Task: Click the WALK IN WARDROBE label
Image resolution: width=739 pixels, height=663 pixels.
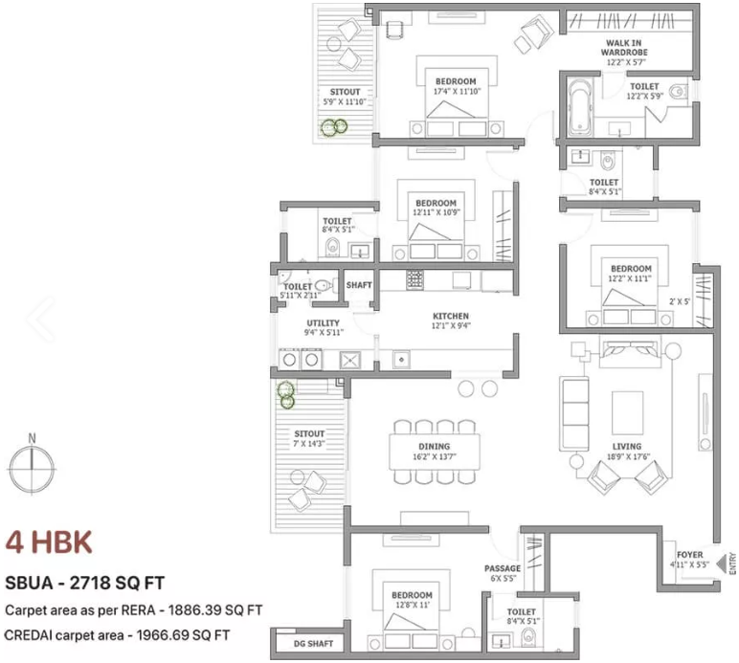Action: coord(624,48)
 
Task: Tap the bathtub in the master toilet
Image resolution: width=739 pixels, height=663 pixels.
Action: coord(579,108)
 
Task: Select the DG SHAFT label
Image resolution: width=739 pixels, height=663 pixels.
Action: coord(313,644)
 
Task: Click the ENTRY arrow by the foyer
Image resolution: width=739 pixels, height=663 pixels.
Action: coord(721,564)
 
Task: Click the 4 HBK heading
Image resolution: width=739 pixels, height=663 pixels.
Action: coord(49,542)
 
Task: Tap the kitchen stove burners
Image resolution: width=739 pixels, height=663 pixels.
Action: coord(414,279)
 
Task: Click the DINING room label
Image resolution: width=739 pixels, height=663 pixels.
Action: coord(434,447)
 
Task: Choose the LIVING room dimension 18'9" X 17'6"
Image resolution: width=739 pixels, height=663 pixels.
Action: coord(628,456)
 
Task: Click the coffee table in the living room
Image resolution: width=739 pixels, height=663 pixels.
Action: coord(627,413)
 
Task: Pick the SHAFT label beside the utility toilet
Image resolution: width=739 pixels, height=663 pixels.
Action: coord(359,285)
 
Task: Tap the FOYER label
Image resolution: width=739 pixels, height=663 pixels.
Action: coord(689,555)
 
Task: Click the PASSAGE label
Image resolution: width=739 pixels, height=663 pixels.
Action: coord(503,568)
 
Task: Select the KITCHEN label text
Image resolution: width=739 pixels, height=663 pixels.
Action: coord(451,316)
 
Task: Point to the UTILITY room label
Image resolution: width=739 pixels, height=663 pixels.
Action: coord(323,323)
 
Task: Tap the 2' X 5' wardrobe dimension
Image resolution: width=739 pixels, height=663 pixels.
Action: coord(679,301)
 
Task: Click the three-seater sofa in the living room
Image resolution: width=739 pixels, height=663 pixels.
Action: coord(574,413)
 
